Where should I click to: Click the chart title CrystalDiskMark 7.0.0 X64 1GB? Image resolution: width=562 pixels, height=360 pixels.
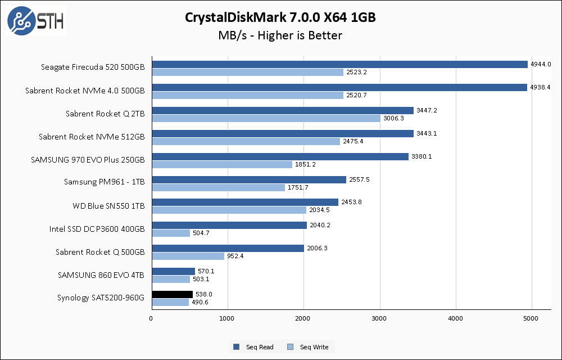[x=280, y=17]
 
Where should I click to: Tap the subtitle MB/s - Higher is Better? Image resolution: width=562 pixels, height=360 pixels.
[x=280, y=35]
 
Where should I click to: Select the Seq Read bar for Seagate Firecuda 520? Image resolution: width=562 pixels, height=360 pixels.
[x=339, y=64]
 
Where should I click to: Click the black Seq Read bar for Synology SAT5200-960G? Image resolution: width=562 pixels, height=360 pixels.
[x=172, y=294]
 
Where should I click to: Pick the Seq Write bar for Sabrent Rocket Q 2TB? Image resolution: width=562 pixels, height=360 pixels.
[x=266, y=118]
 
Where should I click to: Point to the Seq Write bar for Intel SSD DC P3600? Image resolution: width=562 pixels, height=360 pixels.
[x=171, y=233]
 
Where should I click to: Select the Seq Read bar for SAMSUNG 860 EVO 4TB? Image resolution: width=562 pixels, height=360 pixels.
[x=173, y=271]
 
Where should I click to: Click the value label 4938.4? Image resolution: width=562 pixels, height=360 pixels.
[x=540, y=87]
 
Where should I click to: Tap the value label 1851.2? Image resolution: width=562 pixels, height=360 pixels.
[x=305, y=164]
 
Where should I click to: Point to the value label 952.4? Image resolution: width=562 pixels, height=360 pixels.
[x=236, y=256]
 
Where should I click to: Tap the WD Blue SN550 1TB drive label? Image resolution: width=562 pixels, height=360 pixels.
[x=108, y=206]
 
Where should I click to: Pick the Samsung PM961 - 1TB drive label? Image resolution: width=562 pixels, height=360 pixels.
[x=104, y=183]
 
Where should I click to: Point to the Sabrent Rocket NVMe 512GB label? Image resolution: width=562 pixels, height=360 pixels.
[x=92, y=137]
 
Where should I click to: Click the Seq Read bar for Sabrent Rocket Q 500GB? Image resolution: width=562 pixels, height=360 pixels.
[x=228, y=248]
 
